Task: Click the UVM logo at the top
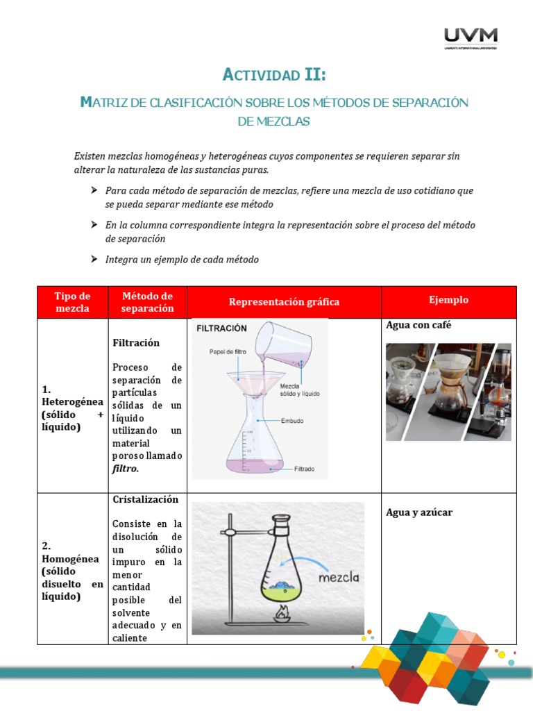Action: coord(470,37)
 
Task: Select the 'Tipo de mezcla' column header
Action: coord(72,302)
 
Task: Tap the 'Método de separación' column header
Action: coord(147,302)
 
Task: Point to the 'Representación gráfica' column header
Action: coord(284,302)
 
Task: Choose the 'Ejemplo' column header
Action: coord(448,300)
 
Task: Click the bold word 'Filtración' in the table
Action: coord(136,342)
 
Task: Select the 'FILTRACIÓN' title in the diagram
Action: coord(221,328)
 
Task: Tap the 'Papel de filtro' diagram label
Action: coord(228,352)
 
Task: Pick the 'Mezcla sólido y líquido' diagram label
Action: coord(300,390)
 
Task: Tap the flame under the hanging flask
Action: coord(282,614)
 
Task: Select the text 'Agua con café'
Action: coord(418,325)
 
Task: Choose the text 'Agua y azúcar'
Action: coord(419,512)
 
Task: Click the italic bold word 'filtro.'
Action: coord(126,469)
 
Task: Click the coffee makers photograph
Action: coord(448,391)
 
